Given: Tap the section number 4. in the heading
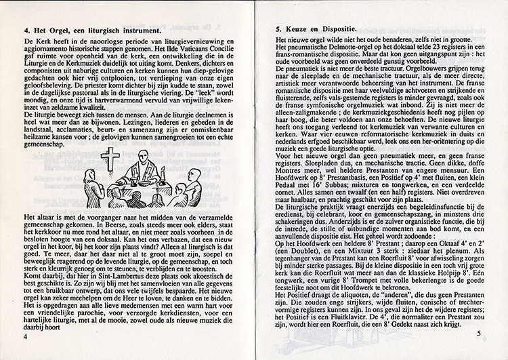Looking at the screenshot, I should pyautogui.click(x=27, y=31).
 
